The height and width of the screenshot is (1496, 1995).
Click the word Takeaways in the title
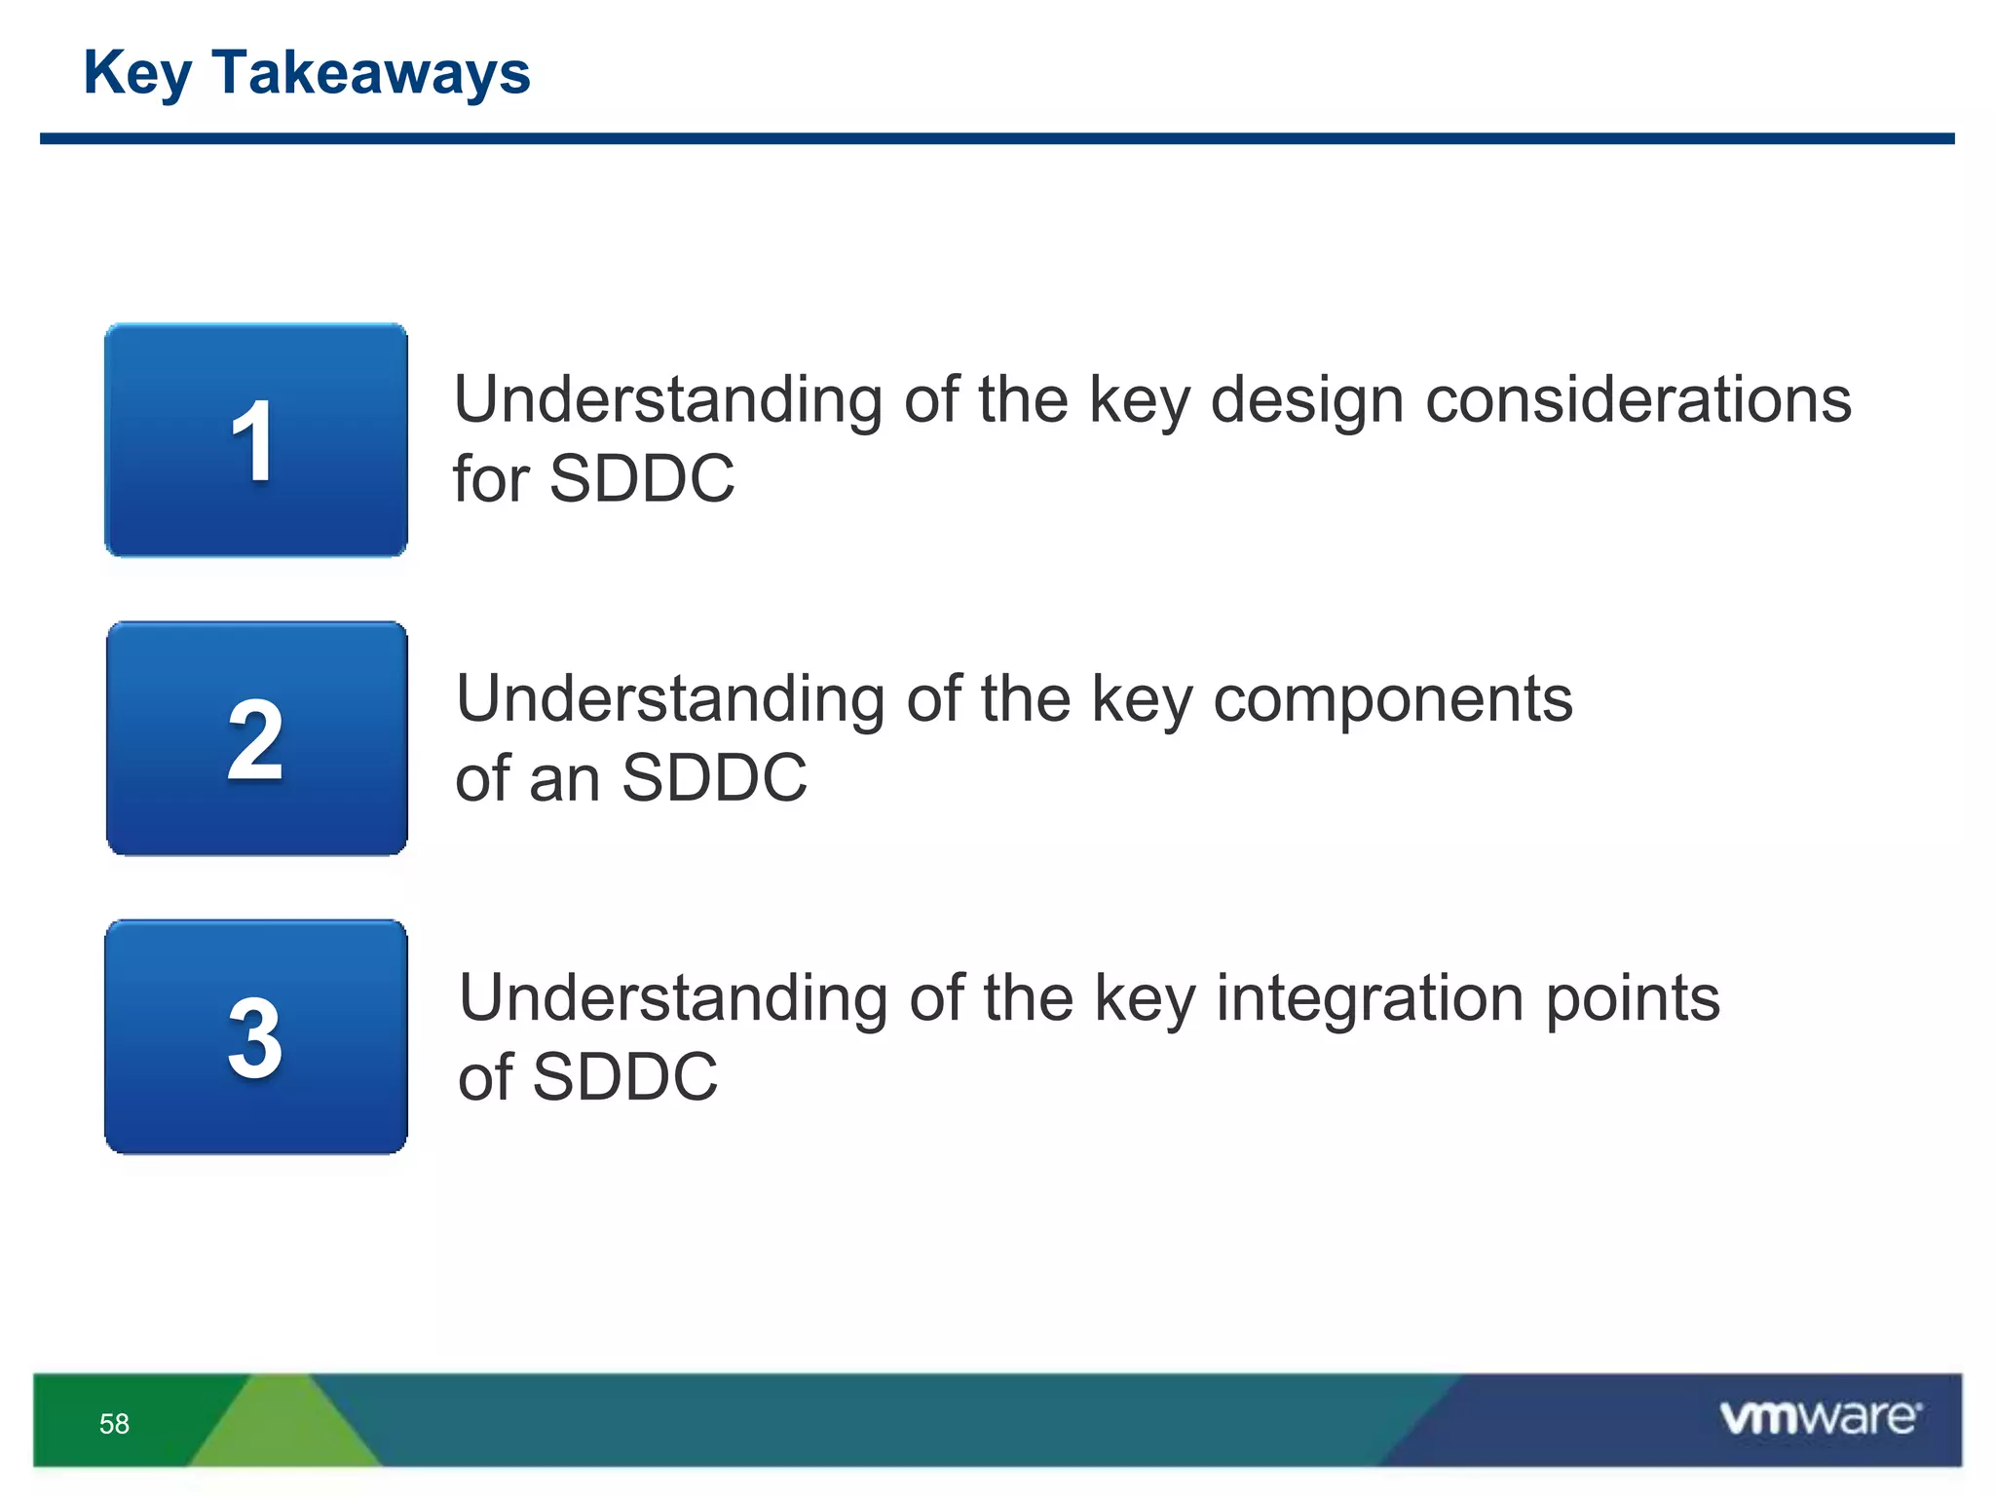(370, 73)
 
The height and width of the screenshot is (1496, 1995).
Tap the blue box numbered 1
(256, 440)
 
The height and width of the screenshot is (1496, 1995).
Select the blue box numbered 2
(256, 738)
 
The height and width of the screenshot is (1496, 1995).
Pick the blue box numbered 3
(256, 1036)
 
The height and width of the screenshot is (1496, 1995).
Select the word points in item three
(1632, 1000)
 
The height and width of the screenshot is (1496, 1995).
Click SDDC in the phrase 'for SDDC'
(642, 478)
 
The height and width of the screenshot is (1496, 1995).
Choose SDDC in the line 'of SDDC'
(624, 1076)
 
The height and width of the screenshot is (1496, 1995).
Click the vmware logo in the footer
(1820, 1418)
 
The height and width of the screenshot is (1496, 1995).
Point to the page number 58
(114, 1424)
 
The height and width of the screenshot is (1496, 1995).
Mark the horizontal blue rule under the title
(997, 138)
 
